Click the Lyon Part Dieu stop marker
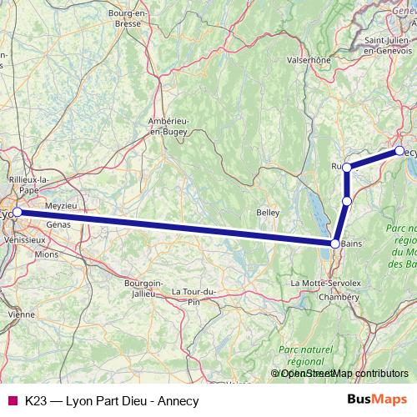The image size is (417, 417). (x=17, y=213)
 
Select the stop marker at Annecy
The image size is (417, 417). (x=399, y=151)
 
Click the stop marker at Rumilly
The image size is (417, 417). (x=347, y=168)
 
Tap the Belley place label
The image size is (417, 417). (x=268, y=213)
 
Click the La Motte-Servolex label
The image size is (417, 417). (x=324, y=284)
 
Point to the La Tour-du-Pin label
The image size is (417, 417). (x=193, y=295)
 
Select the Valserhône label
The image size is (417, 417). (x=308, y=60)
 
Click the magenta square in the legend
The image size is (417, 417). (x=12, y=400)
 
